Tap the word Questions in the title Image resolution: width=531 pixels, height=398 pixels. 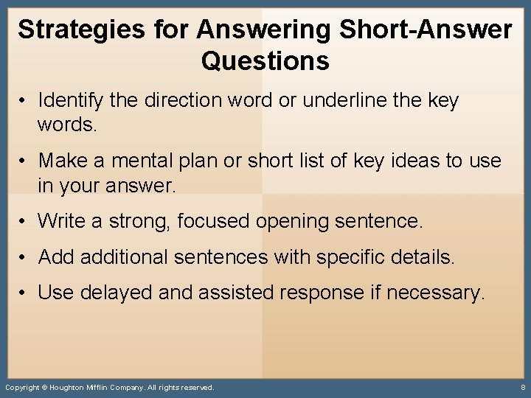265,60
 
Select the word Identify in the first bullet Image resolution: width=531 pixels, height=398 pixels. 72,99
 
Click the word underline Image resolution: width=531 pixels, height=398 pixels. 350,99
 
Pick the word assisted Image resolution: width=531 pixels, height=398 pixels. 231,293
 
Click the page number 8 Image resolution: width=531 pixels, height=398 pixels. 522,387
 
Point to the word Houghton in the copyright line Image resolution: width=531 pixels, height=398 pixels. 74,387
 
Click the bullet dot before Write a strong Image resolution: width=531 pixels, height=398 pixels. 25,220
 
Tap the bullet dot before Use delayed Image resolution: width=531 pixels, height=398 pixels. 25,293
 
